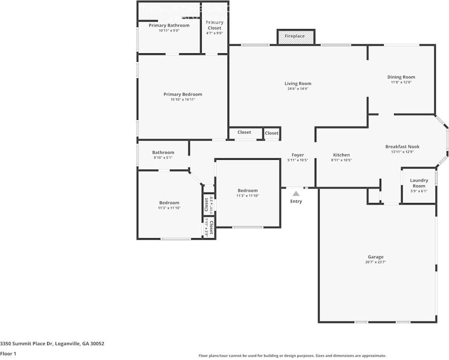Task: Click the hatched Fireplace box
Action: [296, 36]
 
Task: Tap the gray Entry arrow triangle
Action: [296, 194]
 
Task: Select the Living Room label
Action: [298, 84]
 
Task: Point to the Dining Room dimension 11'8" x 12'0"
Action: [401, 82]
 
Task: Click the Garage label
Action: [375, 257]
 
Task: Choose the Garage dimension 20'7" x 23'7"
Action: [375, 262]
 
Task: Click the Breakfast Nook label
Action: [402, 147]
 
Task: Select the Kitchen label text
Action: [341, 155]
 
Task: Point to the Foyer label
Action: [298, 155]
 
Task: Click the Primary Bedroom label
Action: [183, 94]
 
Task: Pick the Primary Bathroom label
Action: [169, 25]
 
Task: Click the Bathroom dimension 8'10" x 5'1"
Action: [163, 158]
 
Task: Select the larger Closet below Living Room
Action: [244, 132]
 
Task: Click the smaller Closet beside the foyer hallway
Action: [271, 133]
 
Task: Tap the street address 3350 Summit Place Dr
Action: [52, 344]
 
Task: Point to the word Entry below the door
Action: [296, 201]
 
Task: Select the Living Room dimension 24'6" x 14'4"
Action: [298, 89]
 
